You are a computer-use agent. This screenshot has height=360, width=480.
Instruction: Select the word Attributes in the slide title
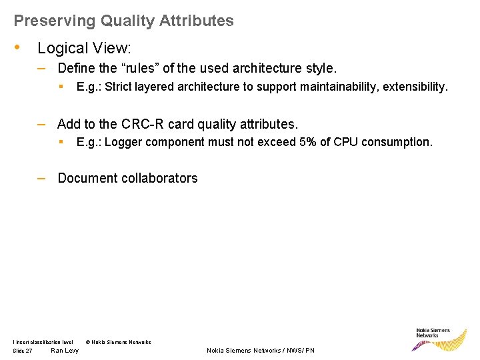click(198, 21)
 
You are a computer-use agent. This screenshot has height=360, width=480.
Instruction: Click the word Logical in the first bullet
click(63, 48)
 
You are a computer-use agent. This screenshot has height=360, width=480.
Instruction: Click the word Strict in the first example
click(120, 87)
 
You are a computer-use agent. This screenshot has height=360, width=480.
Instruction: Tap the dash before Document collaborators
click(41, 177)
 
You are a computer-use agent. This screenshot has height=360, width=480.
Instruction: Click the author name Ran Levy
click(65, 351)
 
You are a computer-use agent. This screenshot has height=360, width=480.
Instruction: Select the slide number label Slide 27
click(23, 351)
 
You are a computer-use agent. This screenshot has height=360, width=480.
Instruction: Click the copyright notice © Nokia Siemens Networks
click(119, 342)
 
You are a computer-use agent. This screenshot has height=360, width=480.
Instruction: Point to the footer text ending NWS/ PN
click(261, 351)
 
